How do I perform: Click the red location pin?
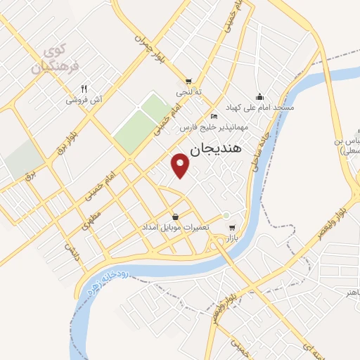181,165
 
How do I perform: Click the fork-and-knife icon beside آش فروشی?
84,89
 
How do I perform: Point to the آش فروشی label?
85,101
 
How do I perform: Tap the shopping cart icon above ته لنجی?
188,81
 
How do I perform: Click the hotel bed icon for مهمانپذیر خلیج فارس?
214,116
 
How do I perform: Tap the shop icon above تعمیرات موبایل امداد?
175,216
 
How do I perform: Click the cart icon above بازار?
233,227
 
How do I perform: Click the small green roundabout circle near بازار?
226,215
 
